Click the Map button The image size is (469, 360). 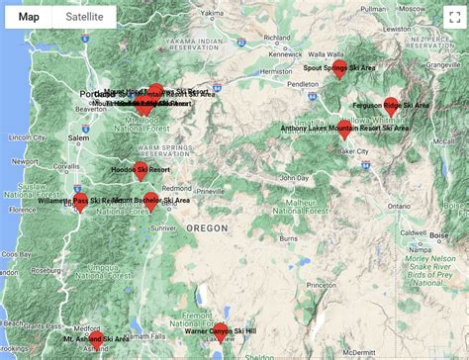29,17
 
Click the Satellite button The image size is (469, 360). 83,17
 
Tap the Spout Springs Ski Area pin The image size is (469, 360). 339,67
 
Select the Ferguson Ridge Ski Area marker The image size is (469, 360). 391,103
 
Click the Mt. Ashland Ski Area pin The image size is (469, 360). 96,338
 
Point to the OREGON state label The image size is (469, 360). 207,228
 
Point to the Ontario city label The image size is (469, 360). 399,205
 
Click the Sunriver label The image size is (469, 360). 163,227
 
